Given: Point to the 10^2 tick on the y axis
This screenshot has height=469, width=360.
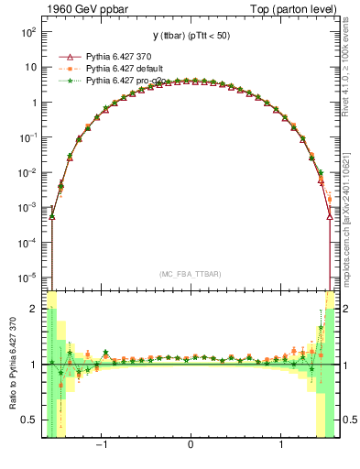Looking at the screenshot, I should pos(29,32).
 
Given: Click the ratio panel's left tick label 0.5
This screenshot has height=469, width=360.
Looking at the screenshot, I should pos(32,420).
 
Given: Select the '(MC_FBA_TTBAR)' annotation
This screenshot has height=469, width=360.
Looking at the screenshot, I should pos(190,274).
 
